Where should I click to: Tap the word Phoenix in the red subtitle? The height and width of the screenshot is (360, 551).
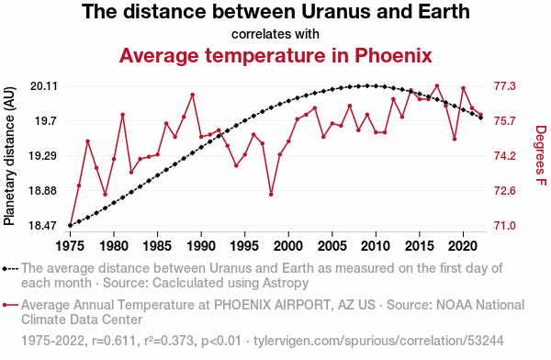point(393,55)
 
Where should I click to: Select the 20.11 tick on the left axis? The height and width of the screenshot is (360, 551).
point(44,85)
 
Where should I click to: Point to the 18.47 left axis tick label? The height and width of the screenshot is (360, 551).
point(42,225)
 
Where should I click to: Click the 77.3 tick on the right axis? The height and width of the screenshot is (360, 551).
point(504,85)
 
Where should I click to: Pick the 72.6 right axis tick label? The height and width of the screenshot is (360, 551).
point(504,190)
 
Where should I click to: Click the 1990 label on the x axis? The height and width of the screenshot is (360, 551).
point(201,246)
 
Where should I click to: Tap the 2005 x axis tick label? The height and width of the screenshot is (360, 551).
point(332,246)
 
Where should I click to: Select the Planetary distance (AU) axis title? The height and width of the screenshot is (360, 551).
point(9,156)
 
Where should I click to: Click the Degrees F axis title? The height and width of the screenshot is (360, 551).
point(541,155)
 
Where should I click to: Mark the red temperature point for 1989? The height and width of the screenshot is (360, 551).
point(193,95)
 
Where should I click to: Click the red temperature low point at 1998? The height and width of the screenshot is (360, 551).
point(271,194)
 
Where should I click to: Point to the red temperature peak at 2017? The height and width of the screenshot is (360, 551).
point(437,85)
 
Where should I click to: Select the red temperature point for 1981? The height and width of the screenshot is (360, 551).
point(123,115)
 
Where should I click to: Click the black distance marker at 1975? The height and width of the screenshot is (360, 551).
point(71,225)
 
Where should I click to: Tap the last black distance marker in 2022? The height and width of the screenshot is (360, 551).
point(480,118)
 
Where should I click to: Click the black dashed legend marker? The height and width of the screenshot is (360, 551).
point(10,269)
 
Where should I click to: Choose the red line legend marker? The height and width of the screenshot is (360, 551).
point(10,305)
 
